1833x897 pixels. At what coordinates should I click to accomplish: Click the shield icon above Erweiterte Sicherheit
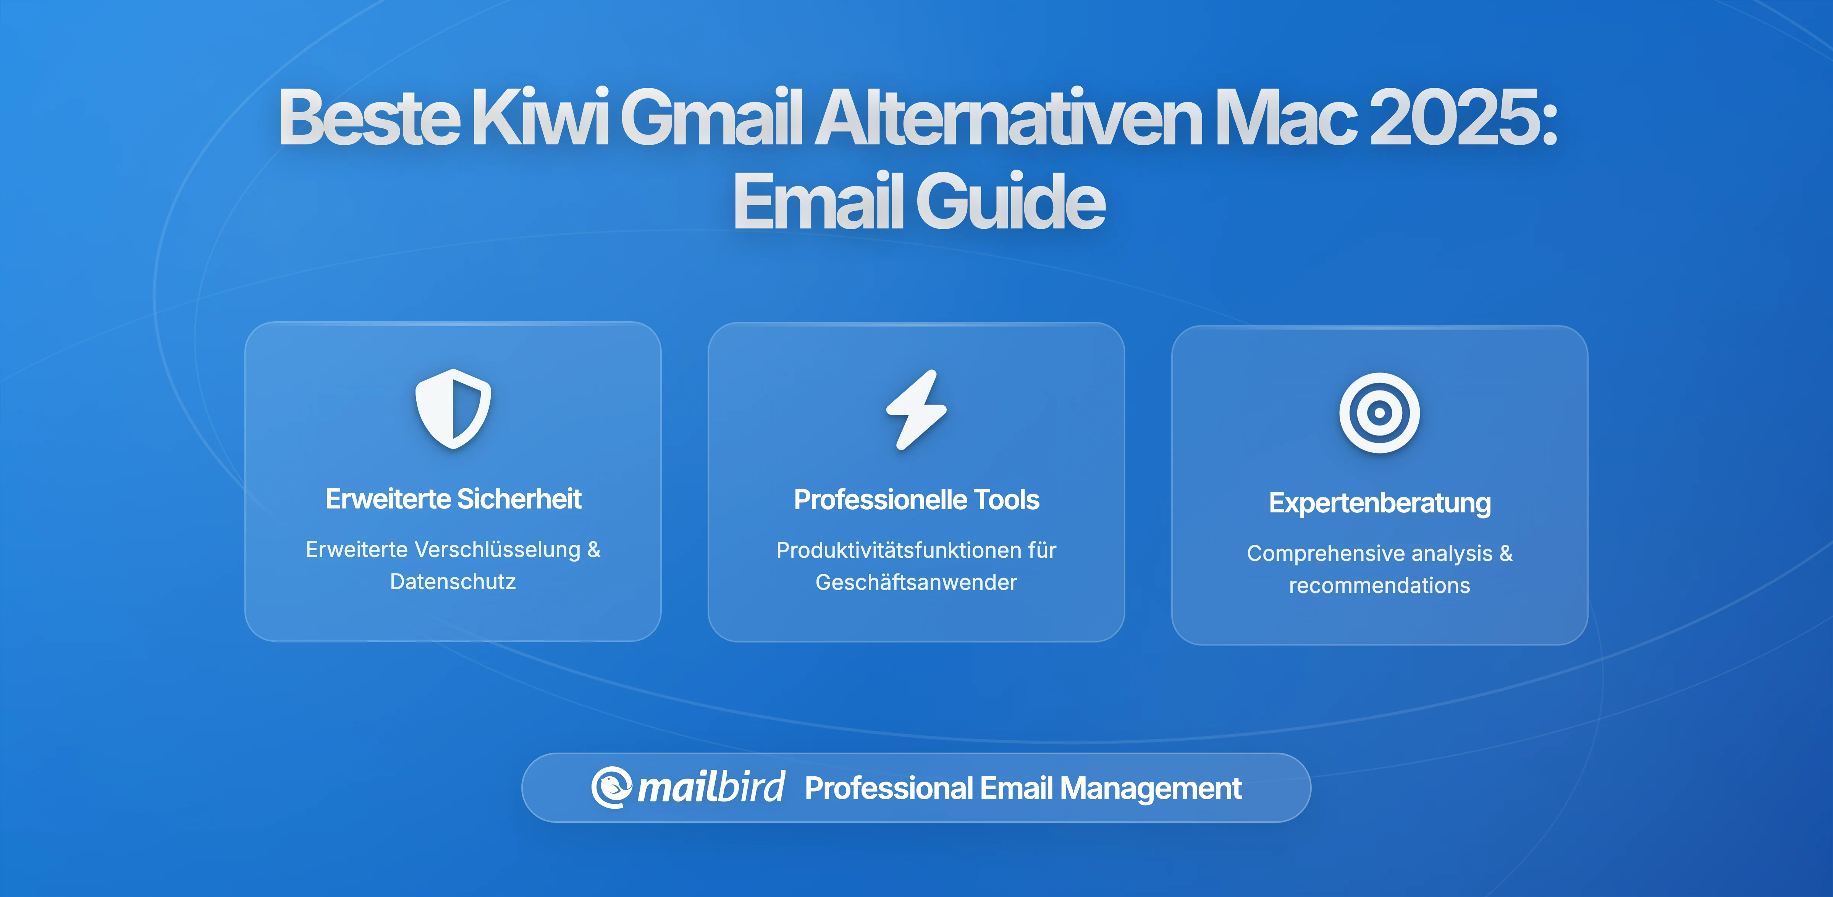(x=453, y=409)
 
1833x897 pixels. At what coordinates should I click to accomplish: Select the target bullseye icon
(x=1379, y=413)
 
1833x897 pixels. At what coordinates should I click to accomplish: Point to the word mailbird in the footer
(x=711, y=787)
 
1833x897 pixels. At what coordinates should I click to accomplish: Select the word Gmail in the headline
(x=711, y=117)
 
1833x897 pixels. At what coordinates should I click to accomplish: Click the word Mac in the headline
(x=1284, y=117)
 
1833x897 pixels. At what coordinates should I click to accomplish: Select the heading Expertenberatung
(x=1379, y=503)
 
